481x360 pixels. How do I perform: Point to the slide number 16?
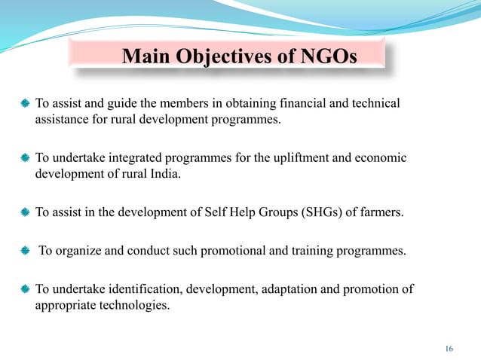(449, 348)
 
